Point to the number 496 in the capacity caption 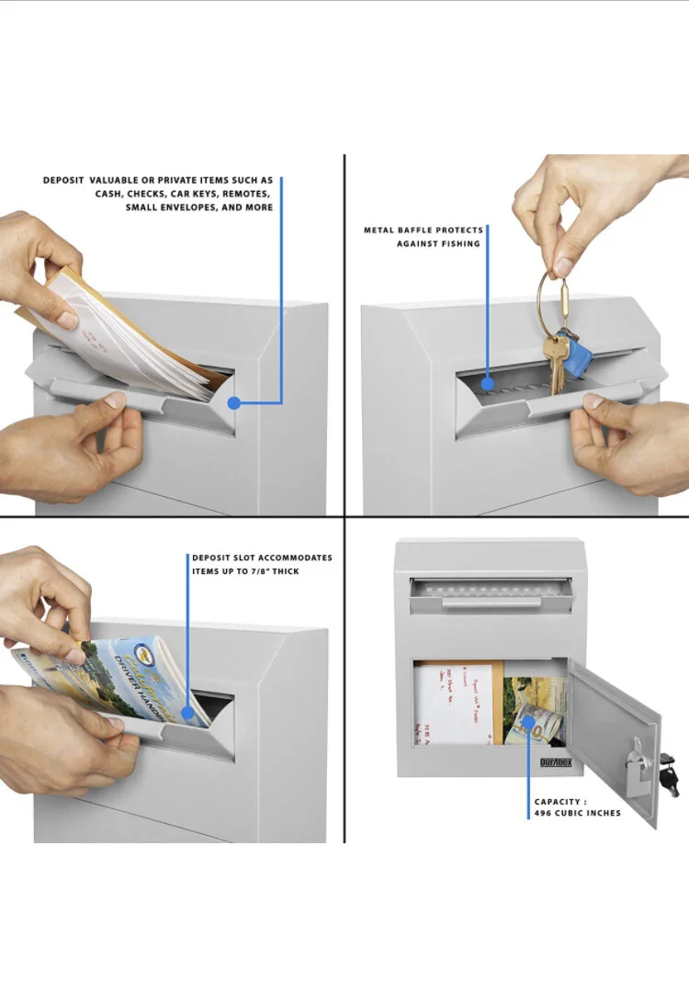click(546, 813)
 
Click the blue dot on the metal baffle click(487, 384)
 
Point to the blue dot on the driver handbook click(188, 710)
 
